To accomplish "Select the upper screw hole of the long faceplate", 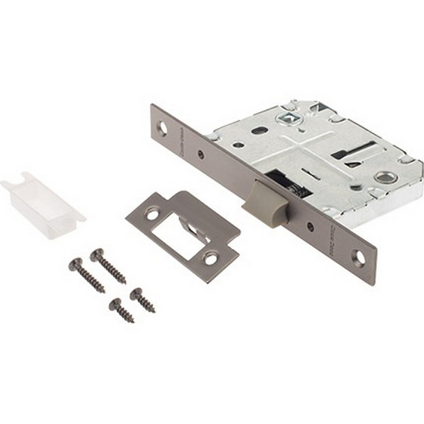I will point(162,127).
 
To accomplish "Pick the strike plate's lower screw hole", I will point(210,259).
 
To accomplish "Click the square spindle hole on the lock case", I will point(288,119).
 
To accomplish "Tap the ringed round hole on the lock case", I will point(385,177).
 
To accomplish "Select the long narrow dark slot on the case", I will point(353,150).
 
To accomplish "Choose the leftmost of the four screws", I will point(86,276).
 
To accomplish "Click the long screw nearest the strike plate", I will point(108,266).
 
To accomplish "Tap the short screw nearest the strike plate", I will point(142,300).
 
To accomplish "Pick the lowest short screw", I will point(121,310).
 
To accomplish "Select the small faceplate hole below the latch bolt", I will point(310,226).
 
